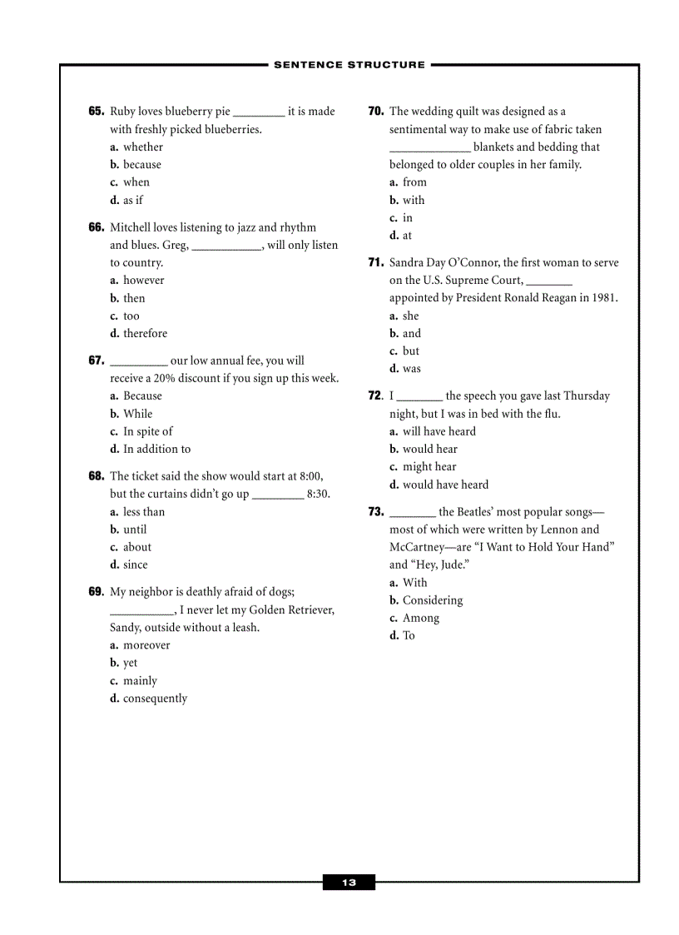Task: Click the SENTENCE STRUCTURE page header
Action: (x=349, y=64)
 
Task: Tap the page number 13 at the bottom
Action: (x=349, y=883)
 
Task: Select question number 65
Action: (x=96, y=112)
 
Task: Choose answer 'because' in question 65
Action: (x=142, y=165)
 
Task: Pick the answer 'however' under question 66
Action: (x=144, y=281)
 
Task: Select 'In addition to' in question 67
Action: (x=156, y=450)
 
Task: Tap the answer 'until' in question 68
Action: (x=135, y=530)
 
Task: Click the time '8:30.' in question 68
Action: (x=319, y=495)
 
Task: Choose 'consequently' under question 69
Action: (x=155, y=699)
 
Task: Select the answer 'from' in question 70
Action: (x=414, y=182)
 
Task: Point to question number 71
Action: (x=375, y=263)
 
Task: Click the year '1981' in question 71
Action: (x=603, y=298)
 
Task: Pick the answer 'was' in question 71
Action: (x=412, y=369)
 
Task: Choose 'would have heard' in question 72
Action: (x=445, y=485)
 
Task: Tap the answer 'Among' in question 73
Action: (x=421, y=619)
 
